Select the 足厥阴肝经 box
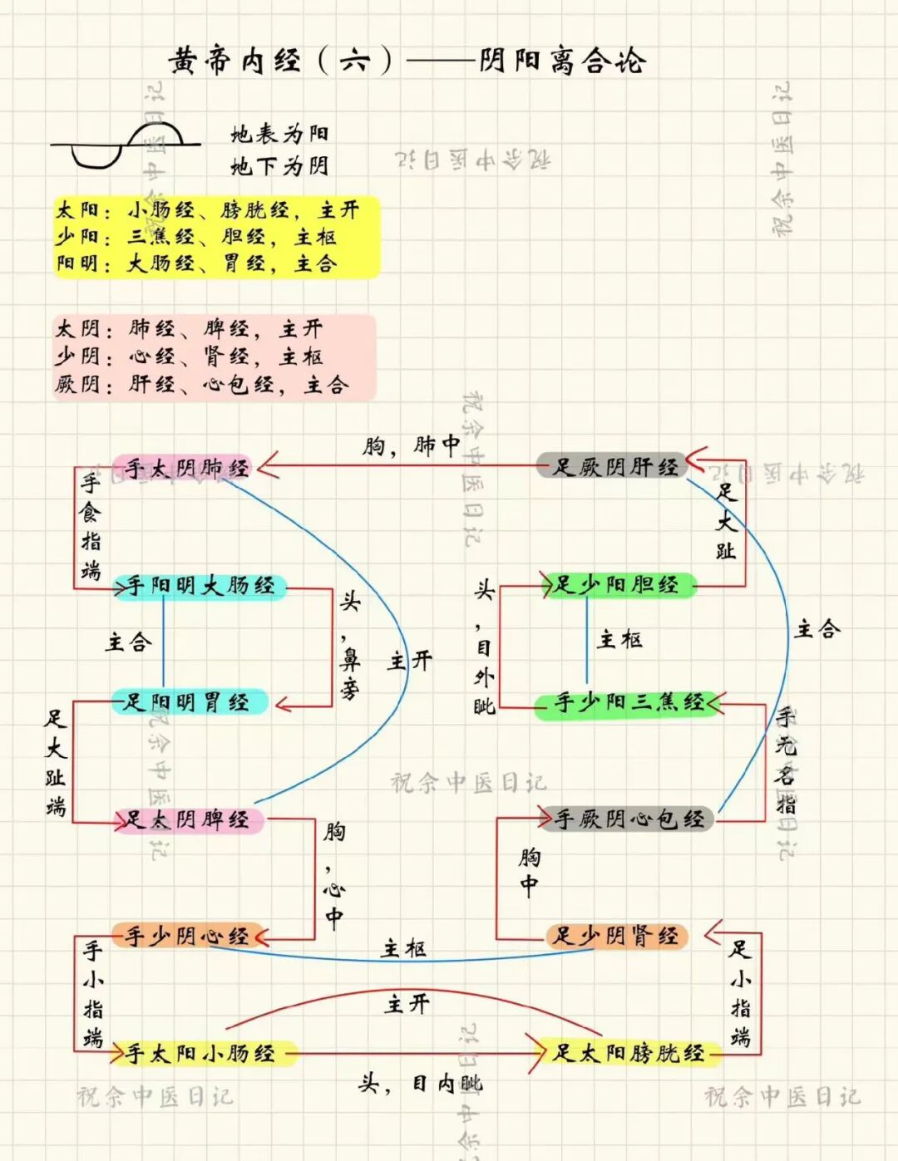click(x=615, y=467)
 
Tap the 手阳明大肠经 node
click(x=200, y=586)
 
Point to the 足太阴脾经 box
click(x=188, y=820)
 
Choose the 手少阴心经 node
click(x=188, y=937)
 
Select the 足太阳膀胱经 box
click(x=629, y=1054)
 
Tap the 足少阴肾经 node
click(x=616, y=937)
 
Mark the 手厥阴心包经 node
click(x=629, y=819)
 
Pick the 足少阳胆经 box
click(x=616, y=585)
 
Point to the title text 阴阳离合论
click(x=562, y=61)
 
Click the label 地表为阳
click(x=279, y=134)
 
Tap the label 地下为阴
click(x=279, y=166)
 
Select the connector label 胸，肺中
click(x=411, y=446)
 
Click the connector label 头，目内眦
click(x=421, y=1083)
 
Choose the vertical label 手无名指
click(x=785, y=760)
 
